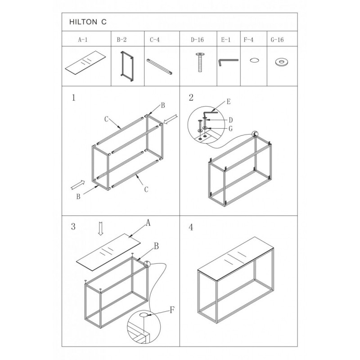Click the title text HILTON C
coord(88,22)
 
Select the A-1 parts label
coord(83,40)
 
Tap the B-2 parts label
coord(121,40)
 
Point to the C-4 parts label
coord(155,40)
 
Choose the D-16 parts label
coord(197,40)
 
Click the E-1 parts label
coord(226,40)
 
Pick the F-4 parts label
coord(248,40)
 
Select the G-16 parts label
coord(277,40)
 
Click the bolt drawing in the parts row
coord(199,62)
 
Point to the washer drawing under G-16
coord(281,62)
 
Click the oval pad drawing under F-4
coord(254,60)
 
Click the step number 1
coord(73,98)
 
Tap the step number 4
coord(191,227)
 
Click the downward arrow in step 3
coord(100,229)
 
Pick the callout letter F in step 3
coord(172,310)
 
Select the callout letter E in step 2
coord(229,102)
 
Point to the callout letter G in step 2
coord(230,129)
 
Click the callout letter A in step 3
coord(148,222)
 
